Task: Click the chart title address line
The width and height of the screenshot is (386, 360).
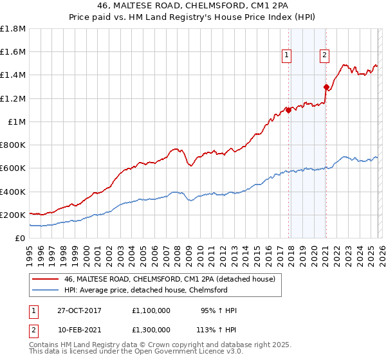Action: point(192,7)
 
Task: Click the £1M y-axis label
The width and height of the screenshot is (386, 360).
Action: point(17,122)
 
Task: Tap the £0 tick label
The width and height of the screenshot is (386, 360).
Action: point(21,238)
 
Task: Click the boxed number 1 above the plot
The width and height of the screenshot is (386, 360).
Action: point(286,56)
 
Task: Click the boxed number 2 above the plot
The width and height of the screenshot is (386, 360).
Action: point(324,56)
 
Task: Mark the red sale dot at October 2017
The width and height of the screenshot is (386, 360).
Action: point(288,110)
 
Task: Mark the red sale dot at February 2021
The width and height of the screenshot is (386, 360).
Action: point(326,87)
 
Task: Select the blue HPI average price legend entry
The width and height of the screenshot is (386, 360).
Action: point(145,290)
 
